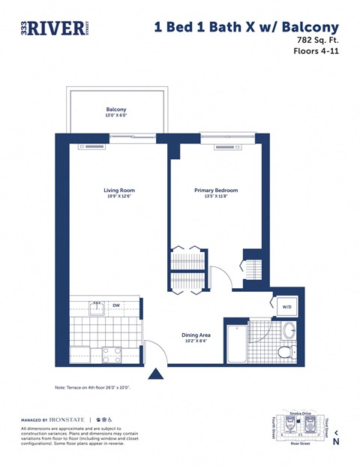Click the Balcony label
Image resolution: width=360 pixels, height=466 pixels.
click(x=116, y=110)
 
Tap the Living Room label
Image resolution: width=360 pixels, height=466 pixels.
click(x=119, y=191)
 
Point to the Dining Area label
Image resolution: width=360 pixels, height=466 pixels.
click(x=196, y=335)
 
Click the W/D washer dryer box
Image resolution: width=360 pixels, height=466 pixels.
click(x=286, y=307)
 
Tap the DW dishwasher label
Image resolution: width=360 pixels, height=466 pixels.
click(x=116, y=305)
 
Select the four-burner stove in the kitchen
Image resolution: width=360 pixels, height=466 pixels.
click(x=111, y=355)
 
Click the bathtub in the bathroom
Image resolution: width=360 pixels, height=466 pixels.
click(x=237, y=344)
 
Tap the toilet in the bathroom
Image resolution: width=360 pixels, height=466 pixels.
click(x=286, y=352)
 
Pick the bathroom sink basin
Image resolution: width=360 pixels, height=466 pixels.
click(x=289, y=330)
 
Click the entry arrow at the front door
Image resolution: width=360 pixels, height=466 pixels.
click(x=157, y=373)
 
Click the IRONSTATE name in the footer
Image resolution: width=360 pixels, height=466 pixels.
click(x=70, y=419)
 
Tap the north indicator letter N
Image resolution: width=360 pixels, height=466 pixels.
click(x=336, y=441)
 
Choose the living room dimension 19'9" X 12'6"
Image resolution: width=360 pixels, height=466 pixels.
click(x=119, y=198)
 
